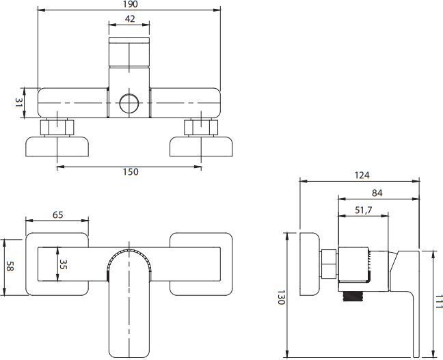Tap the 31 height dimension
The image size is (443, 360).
pyautogui.click(x=20, y=105)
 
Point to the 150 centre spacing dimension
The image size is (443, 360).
pyautogui.click(x=129, y=171)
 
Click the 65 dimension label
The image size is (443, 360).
pyautogui.click(x=57, y=214)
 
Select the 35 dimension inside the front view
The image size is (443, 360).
pyautogui.click(x=62, y=264)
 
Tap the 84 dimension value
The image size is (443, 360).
pyautogui.click(x=378, y=193)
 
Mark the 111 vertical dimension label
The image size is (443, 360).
pyautogui.click(x=438, y=300)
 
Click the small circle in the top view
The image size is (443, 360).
pyautogui.click(x=129, y=104)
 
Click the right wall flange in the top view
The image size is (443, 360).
pyautogui.click(x=202, y=147)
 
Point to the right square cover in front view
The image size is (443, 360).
pyautogui.click(x=202, y=264)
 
